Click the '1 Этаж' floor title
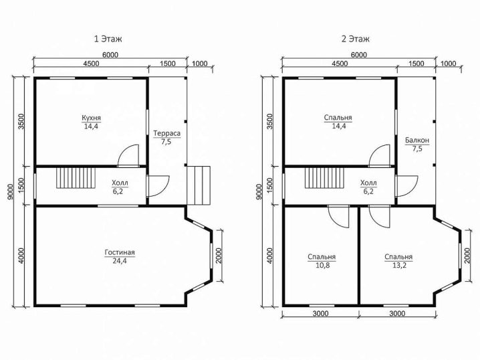point(108,39)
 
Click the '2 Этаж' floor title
point(356,39)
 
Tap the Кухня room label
point(91,118)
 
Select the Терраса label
point(167,133)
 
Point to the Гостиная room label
point(120,252)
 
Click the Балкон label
point(417,141)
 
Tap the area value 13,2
point(399,265)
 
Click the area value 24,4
point(120,261)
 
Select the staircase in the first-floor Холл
point(76,178)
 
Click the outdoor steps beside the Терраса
point(199,185)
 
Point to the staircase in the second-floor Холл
point(324,178)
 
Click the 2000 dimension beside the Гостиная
point(219,256)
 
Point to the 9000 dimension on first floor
point(10,193)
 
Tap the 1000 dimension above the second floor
point(448,64)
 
